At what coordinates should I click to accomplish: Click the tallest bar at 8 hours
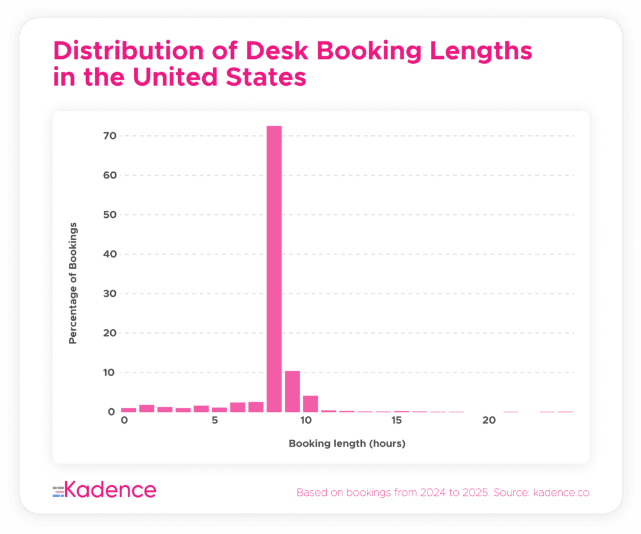pyautogui.click(x=274, y=269)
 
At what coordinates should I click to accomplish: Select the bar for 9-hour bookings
pyautogui.click(x=292, y=391)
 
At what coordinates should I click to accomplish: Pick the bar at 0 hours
pyautogui.click(x=128, y=409)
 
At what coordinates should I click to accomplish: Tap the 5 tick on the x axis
pyautogui.click(x=215, y=420)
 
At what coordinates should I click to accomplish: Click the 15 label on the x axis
pyautogui.click(x=396, y=420)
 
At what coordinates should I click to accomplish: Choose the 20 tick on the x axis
pyautogui.click(x=489, y=420)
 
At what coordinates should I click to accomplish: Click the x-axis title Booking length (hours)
pyautogui.click(x=347, y=444)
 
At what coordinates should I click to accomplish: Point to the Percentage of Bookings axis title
pyautogui.click(x=73, y=282)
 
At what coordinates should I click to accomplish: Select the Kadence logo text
pyautogui.click(x=111, y=490)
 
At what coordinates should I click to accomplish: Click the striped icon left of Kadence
pyautogui.click(x=58, y=491)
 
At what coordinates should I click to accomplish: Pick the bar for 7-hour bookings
pyautogui.click(x=255, y=407)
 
